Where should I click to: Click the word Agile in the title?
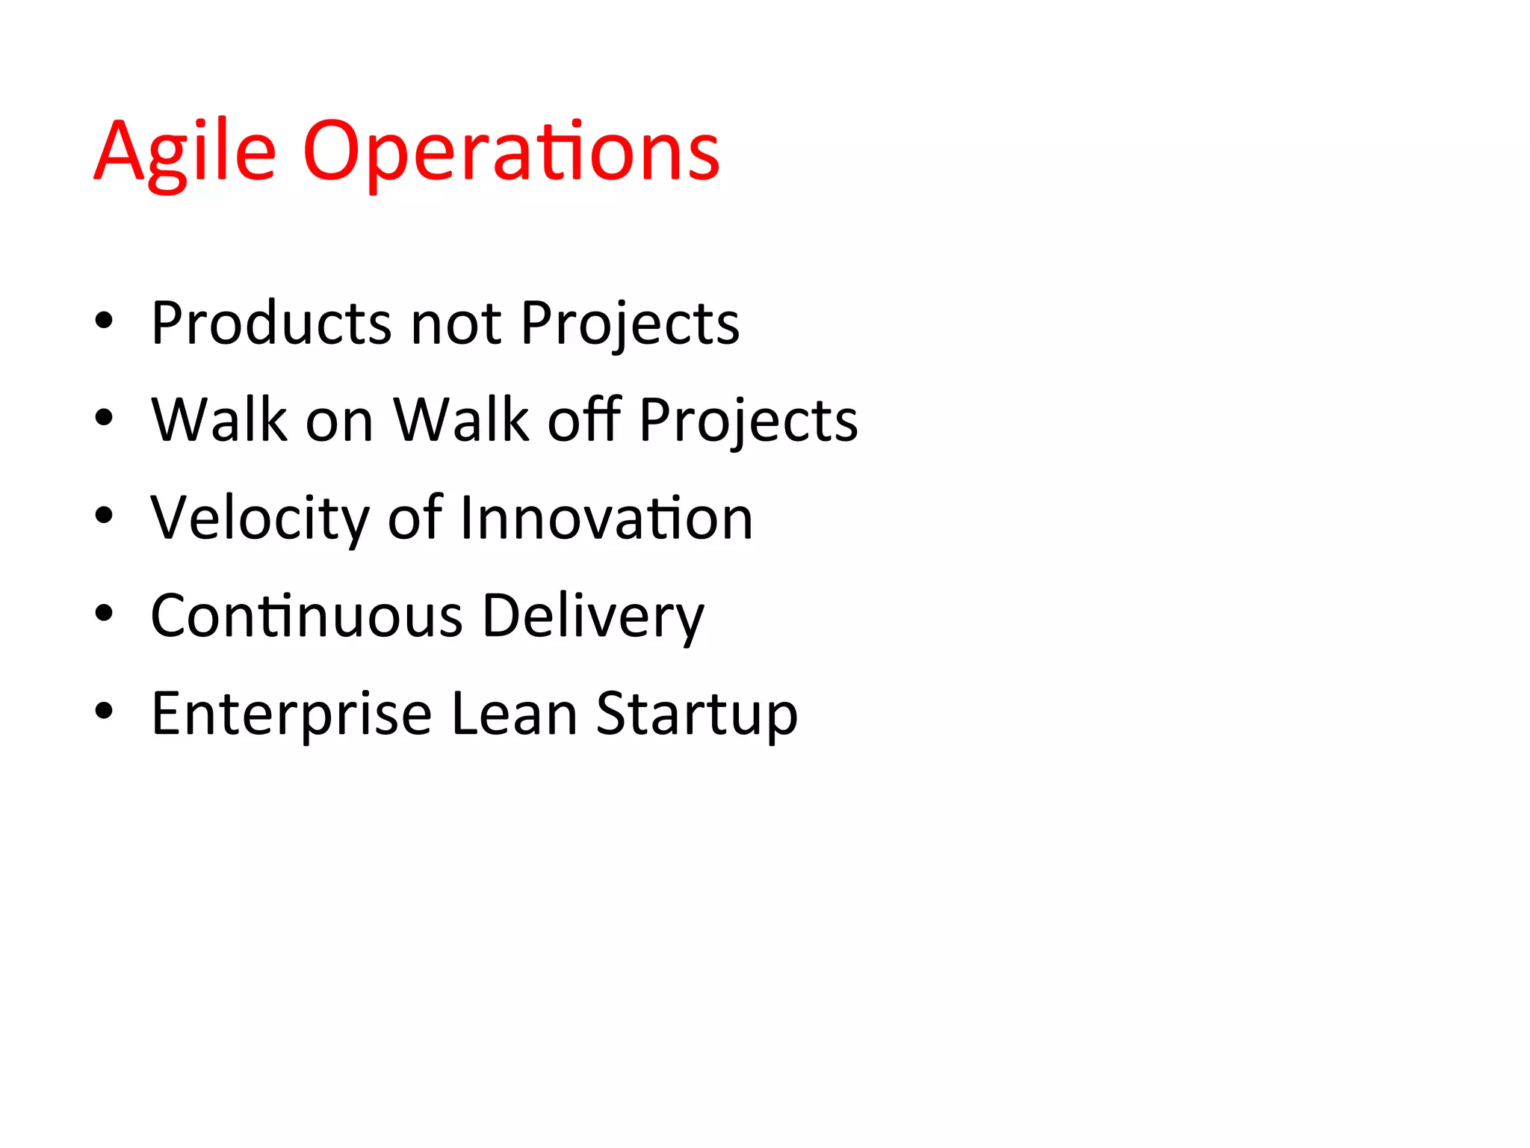click(185, 153)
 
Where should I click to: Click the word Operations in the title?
click(511, 153)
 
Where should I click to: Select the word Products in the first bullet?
click(270, 324)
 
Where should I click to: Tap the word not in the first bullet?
click(456, 324)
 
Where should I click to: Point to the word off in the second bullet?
click(584, 420)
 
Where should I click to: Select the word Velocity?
click(259, 519)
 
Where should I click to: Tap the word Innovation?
click(606, 519)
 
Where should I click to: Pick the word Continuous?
click(306, 616)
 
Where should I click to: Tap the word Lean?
click(515, 713)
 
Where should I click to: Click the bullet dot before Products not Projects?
click(104, 321)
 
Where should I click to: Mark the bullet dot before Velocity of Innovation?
click(104, 516)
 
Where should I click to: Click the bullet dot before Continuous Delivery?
click(104, 614)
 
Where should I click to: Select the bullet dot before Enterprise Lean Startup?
click(104, 712)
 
